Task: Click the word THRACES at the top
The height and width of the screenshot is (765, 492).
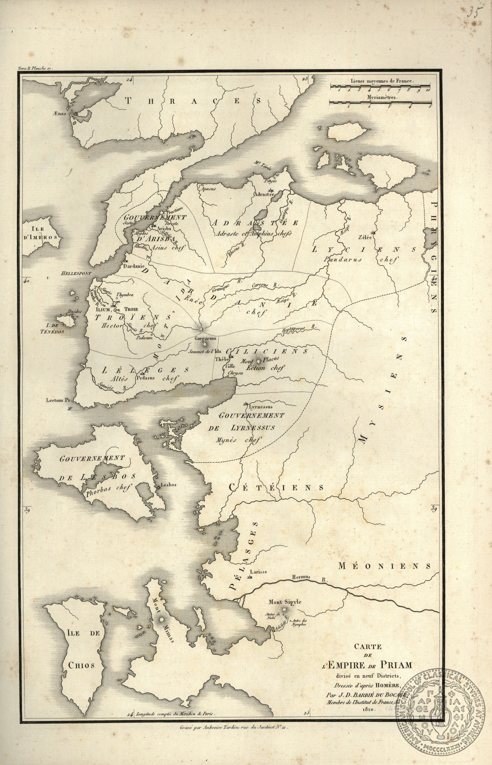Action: coord(193,101)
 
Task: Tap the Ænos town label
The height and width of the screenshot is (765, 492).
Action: coord(64,114)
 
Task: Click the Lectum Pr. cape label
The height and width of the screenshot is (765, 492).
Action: coord(57,400)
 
